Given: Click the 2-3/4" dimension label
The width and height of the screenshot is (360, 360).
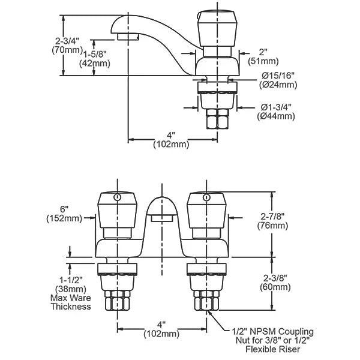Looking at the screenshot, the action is (x=67, y=41).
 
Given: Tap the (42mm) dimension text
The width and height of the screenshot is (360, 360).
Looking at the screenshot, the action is (x=95, y=64).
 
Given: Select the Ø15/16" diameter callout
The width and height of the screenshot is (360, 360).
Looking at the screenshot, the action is (x=278, y=76).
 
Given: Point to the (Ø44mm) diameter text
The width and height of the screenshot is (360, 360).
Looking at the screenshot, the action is (x=276, y=116).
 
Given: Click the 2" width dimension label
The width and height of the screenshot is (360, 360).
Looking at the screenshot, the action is (x=263, y=52).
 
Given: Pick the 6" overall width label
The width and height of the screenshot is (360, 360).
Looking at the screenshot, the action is (x=64, y=209).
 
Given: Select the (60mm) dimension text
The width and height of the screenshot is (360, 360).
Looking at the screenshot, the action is (x=275, y=287).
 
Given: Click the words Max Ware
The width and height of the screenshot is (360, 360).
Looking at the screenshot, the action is (x=71, y=298).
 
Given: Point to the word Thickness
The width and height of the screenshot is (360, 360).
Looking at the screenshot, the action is (x=71, y=307).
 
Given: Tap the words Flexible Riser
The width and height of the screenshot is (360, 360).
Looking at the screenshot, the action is (x=273, y=349).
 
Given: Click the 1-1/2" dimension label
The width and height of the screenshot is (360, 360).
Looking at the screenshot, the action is (x=71, y=280).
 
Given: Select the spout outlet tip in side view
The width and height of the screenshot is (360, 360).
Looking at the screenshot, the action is (x=128, y=37).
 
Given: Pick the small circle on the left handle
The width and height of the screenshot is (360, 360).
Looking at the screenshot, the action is (x=118, y=197).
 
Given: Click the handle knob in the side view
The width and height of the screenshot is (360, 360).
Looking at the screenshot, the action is (x=217, y=28).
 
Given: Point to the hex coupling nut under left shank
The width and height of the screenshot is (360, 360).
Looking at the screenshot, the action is (x=118, y=301).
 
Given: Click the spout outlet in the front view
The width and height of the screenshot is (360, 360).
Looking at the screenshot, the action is (x=162, y=218).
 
